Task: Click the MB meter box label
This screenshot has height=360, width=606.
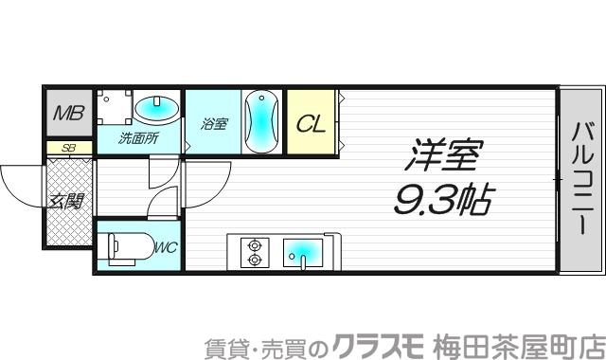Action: pos(67,115)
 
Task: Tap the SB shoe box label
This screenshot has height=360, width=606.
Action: pos(68,148)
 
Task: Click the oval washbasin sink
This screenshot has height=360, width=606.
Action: pos(155,109)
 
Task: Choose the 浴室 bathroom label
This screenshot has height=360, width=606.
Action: pos(214,123)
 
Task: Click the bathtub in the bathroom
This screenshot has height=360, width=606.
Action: pos(260,121)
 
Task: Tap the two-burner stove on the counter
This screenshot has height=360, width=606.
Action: pos(254,250)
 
